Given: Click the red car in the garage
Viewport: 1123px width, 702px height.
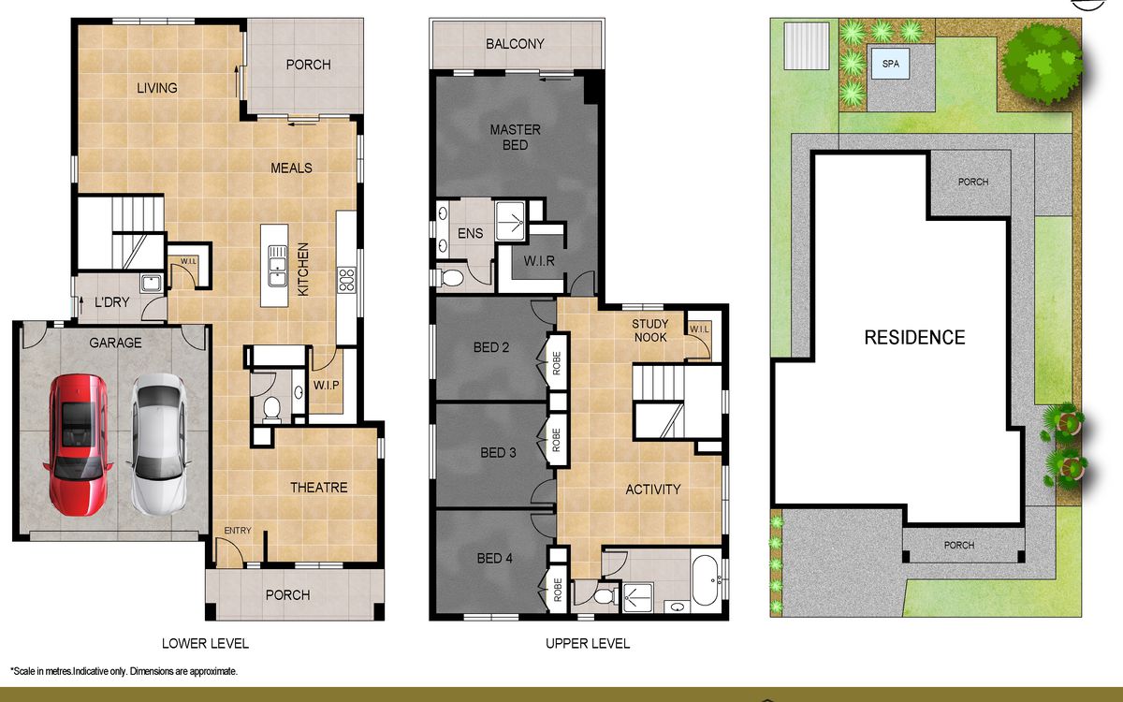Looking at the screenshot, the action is pos(78,445).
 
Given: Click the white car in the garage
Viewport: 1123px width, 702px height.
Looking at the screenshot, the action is pos(159,444).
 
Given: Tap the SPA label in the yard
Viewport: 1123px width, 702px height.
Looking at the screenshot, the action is pos(890,64).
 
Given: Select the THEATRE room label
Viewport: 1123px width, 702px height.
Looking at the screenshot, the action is pos(319,488).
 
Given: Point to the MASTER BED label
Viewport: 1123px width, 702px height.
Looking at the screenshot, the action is pos(516,138).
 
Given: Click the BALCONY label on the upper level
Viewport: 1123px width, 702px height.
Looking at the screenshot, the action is pos(515,44).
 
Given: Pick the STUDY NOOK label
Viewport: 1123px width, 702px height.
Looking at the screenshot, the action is pos(650,330).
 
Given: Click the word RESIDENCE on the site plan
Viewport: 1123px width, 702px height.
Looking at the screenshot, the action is pos(914,338).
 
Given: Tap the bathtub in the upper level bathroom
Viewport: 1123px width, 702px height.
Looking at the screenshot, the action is pos(706,580).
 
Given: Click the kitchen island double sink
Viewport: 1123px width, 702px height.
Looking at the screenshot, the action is pos(277,266).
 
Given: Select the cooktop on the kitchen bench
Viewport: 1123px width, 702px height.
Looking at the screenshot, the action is pos(346,280).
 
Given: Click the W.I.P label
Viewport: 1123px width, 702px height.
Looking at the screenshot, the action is pos(327,385).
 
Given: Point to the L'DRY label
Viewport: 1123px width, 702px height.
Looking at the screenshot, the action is pos(111,302).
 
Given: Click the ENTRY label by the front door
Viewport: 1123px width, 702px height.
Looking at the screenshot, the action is pos(238,531).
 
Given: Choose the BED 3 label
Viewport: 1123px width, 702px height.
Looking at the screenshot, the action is pos(498,453).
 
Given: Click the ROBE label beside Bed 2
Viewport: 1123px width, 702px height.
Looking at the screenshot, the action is pos(557,363).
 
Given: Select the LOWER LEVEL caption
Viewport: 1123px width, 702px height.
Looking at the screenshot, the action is pos(205,643).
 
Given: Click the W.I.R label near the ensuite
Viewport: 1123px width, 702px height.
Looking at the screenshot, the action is pos(539,261).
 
